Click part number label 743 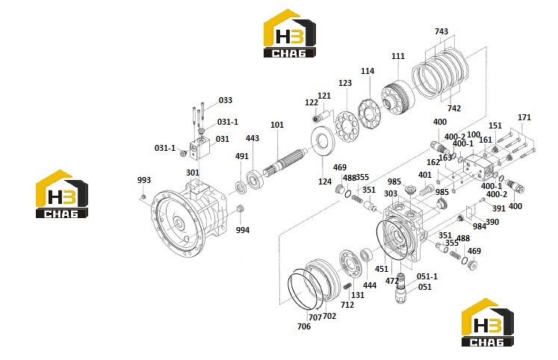point(441,31)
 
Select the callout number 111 point(398,56)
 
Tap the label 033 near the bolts point(226,100)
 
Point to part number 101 point(277,125)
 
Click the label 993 point(144,180)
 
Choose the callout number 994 point(243,230)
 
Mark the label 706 point(304,326)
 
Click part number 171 point(524,117)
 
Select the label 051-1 point(427,276)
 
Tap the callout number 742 point(454,108)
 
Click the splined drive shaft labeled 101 point(286,161)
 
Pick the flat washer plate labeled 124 point(323,141)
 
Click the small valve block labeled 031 point(199,149)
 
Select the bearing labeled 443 point(254,179)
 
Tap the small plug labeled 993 point(143,196)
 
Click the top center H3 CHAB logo point(289,33)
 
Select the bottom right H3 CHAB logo point(488,323)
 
